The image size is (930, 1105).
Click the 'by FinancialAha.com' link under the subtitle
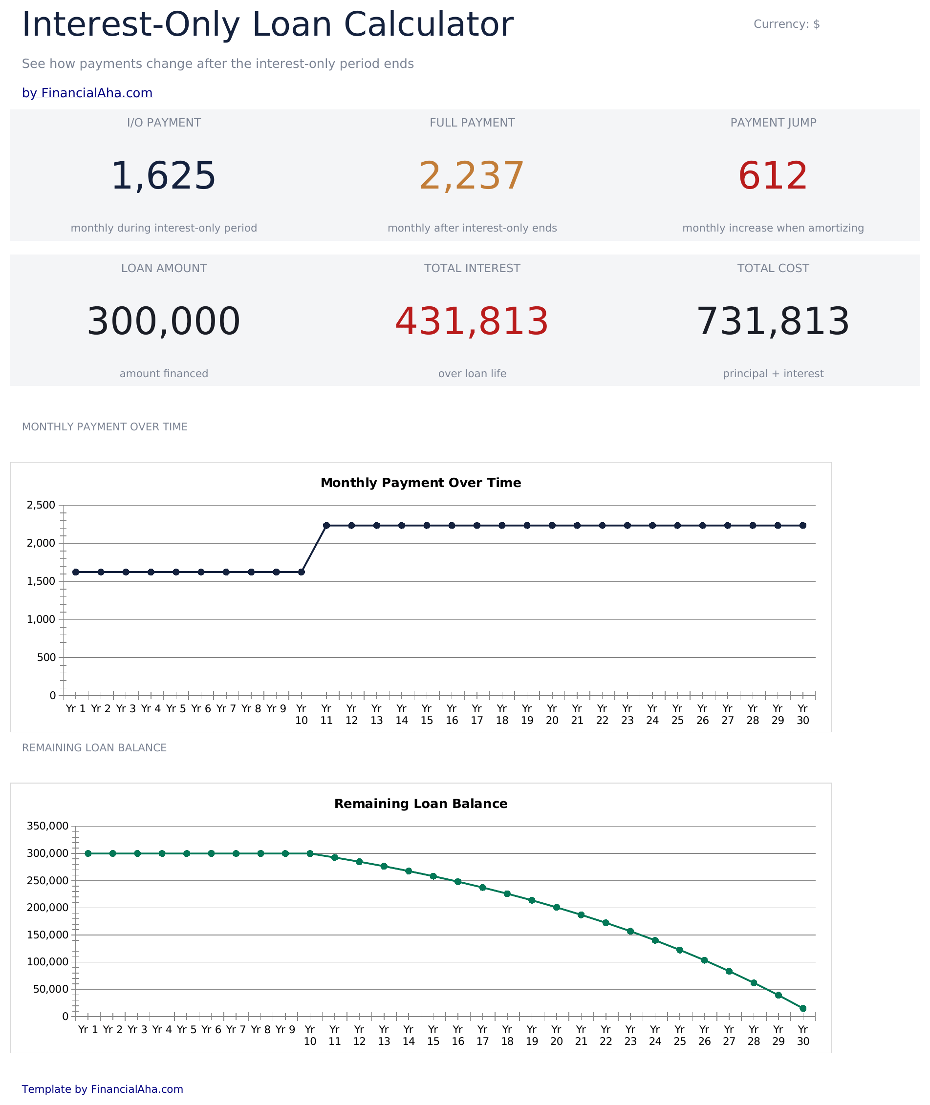(x=87, y=93)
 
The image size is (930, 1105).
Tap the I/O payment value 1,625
(x=163, y=175)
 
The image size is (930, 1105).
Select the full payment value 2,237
(x=472, y=175)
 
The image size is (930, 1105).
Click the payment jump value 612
(x=773, y=175)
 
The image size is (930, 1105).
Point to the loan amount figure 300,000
(x=163, y=321)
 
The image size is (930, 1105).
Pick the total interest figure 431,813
(x=472, y=321)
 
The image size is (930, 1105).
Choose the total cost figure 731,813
(x=773, y=321)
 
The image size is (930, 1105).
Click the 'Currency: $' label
(x=787, y=24)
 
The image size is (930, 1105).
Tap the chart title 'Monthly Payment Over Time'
(x=421, y=483)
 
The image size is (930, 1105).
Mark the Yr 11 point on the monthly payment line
(x=326, y=525)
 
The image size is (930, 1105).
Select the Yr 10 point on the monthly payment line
(x=302, y=572)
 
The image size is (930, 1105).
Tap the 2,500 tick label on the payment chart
(x=41, y=505)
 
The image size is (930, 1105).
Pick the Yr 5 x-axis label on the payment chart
(x=176, y=709)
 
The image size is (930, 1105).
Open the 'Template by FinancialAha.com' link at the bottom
(x=102, y=1089)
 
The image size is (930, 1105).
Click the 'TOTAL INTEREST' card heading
(x=472, y=268)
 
